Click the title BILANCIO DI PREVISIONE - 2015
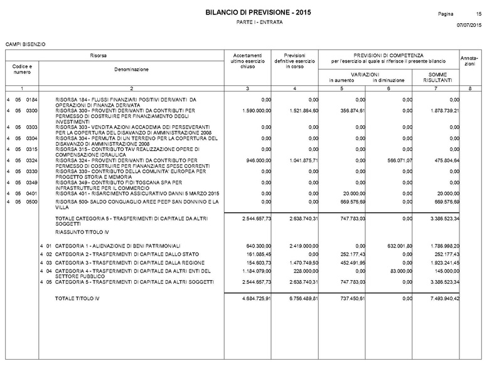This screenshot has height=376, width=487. pos(257,13)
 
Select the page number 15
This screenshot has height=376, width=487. pos(478,13)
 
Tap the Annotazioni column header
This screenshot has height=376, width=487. pos(469,61)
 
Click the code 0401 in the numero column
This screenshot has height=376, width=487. pos(32,192)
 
